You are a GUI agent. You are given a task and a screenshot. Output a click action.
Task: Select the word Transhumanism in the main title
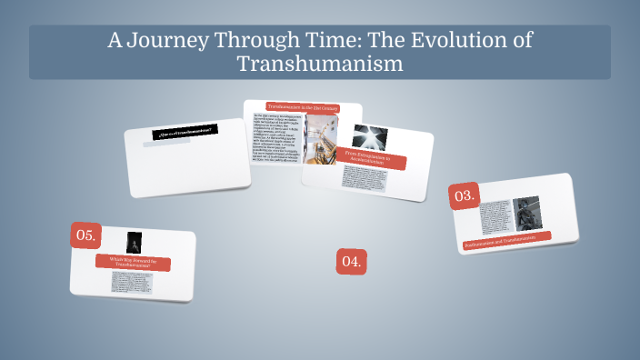[x=319, y=65]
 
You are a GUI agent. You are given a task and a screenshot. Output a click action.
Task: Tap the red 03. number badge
[x=464, y=195]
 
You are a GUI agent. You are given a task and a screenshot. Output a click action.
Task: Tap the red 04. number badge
[x=351, y=262]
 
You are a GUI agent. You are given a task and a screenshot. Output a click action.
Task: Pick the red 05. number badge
[x=85, y=235]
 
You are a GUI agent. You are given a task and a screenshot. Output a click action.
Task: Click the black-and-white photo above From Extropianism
[x=370, y=137]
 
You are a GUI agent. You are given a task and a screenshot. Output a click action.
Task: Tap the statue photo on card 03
[x=526, y=215]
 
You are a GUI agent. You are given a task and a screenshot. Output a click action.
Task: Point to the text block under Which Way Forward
[x=132, y=282]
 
